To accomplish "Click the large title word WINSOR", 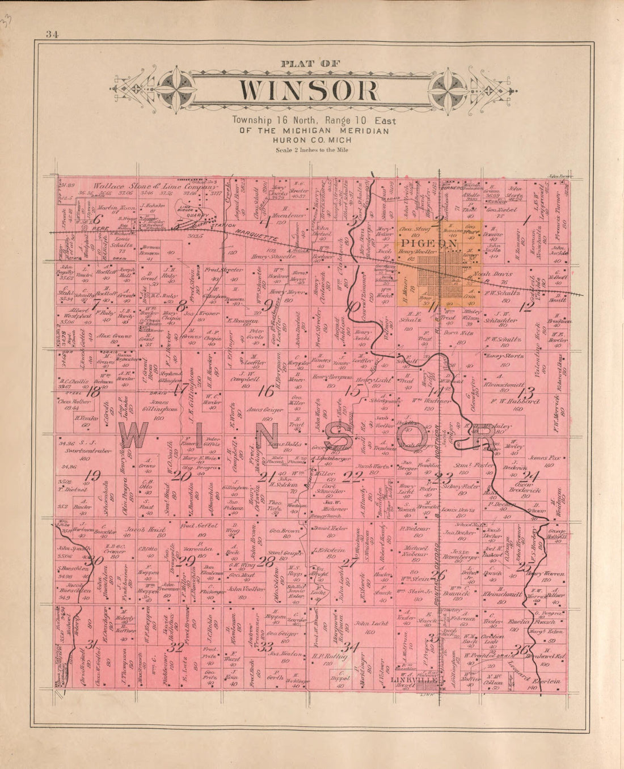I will point(308,91).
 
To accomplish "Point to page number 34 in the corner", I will point(53,35).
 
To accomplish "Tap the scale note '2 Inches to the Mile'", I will point(311,150).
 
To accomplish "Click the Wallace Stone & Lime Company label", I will point(155,186).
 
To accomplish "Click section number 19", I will point(91,475).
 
